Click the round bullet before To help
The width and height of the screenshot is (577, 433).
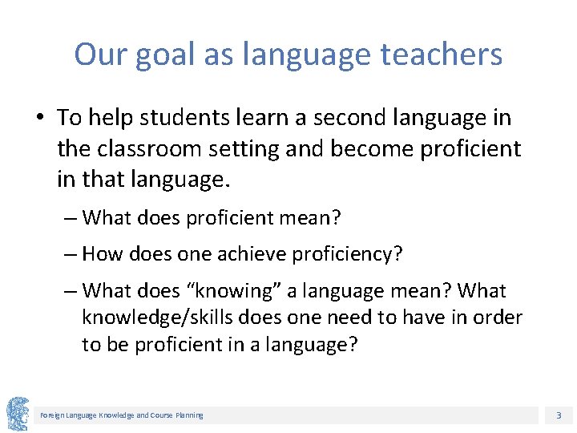tap(39, 119)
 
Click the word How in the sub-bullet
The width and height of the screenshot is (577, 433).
tap(100, 254)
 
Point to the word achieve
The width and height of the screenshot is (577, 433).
tap(248, 254)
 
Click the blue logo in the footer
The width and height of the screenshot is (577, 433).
tap(17, 414)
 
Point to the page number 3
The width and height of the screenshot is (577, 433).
tap(558, 415)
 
